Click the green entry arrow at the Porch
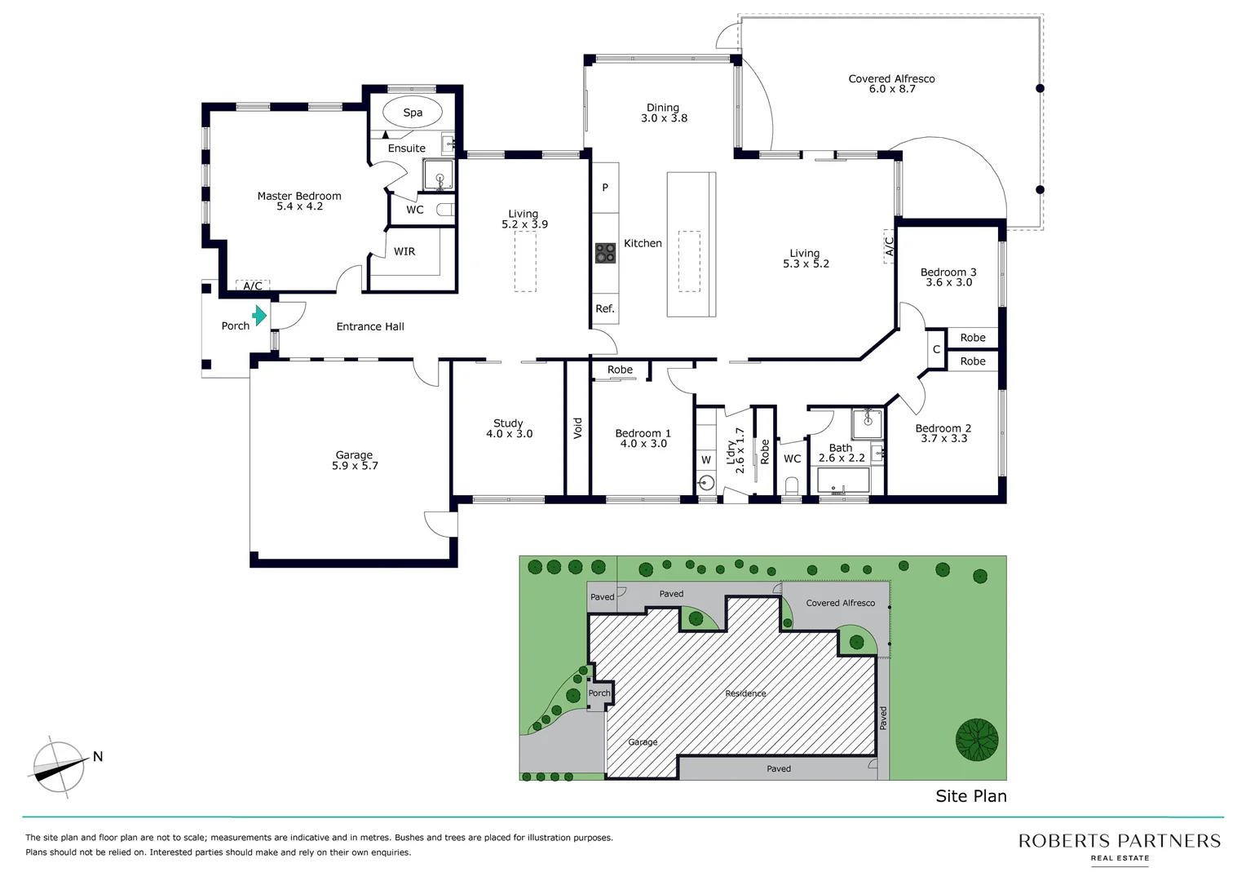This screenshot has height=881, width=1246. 259,316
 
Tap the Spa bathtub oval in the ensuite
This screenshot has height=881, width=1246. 413,113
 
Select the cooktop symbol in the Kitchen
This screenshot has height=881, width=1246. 605,253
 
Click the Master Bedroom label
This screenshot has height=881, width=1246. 299,196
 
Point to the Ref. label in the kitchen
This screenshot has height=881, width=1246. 605,308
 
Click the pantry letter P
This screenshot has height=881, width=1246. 605,188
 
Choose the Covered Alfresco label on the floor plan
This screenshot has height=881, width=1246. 891,79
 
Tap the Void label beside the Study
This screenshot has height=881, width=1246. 578,428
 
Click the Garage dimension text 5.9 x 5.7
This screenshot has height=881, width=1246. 355,466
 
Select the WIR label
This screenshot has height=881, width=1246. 404,251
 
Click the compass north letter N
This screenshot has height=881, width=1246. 98,757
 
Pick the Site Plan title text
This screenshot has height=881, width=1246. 970,796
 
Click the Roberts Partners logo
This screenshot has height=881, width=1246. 1119,845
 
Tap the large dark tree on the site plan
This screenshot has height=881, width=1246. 977,740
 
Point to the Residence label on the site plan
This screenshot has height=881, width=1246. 745,693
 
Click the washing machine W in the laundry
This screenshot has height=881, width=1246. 706,460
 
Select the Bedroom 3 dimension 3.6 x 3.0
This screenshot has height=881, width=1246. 948,282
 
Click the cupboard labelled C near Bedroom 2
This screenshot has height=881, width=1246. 936,349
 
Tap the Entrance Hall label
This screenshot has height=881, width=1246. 370,326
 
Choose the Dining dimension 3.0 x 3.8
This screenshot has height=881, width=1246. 664,118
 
